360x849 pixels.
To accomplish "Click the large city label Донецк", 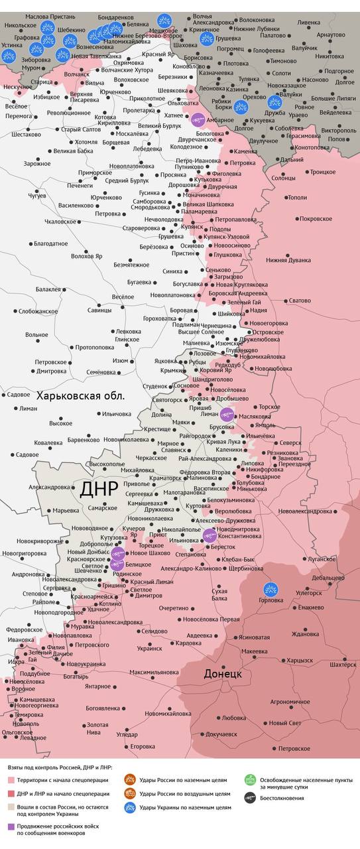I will pyautogui.click(x=223, y=674).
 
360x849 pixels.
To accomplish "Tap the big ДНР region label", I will pyautogui.click(x=99, y=489).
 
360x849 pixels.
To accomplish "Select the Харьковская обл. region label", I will pyautogui.click(x=80, y=396).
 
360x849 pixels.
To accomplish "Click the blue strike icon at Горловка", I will pyautogui.click(x=270, y=589).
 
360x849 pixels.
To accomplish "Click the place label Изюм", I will pyautogui.click(x=120, y=361).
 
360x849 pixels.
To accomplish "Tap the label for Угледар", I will pyautogui.click(x=127, y=734).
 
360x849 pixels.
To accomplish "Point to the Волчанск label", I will pyautogui.click(x=77, y=74).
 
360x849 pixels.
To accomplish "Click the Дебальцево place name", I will pyautogui.click(x=328, y=578).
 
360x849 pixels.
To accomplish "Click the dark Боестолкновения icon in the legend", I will pyautogui.click(x=250, y=798).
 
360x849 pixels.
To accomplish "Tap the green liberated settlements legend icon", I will pyautogui.click(x=250, y=781).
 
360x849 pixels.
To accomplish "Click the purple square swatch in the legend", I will pyautogui.click(x=11, y=826).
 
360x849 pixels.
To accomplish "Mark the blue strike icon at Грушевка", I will pyautogui.click(x=207, y=39).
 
